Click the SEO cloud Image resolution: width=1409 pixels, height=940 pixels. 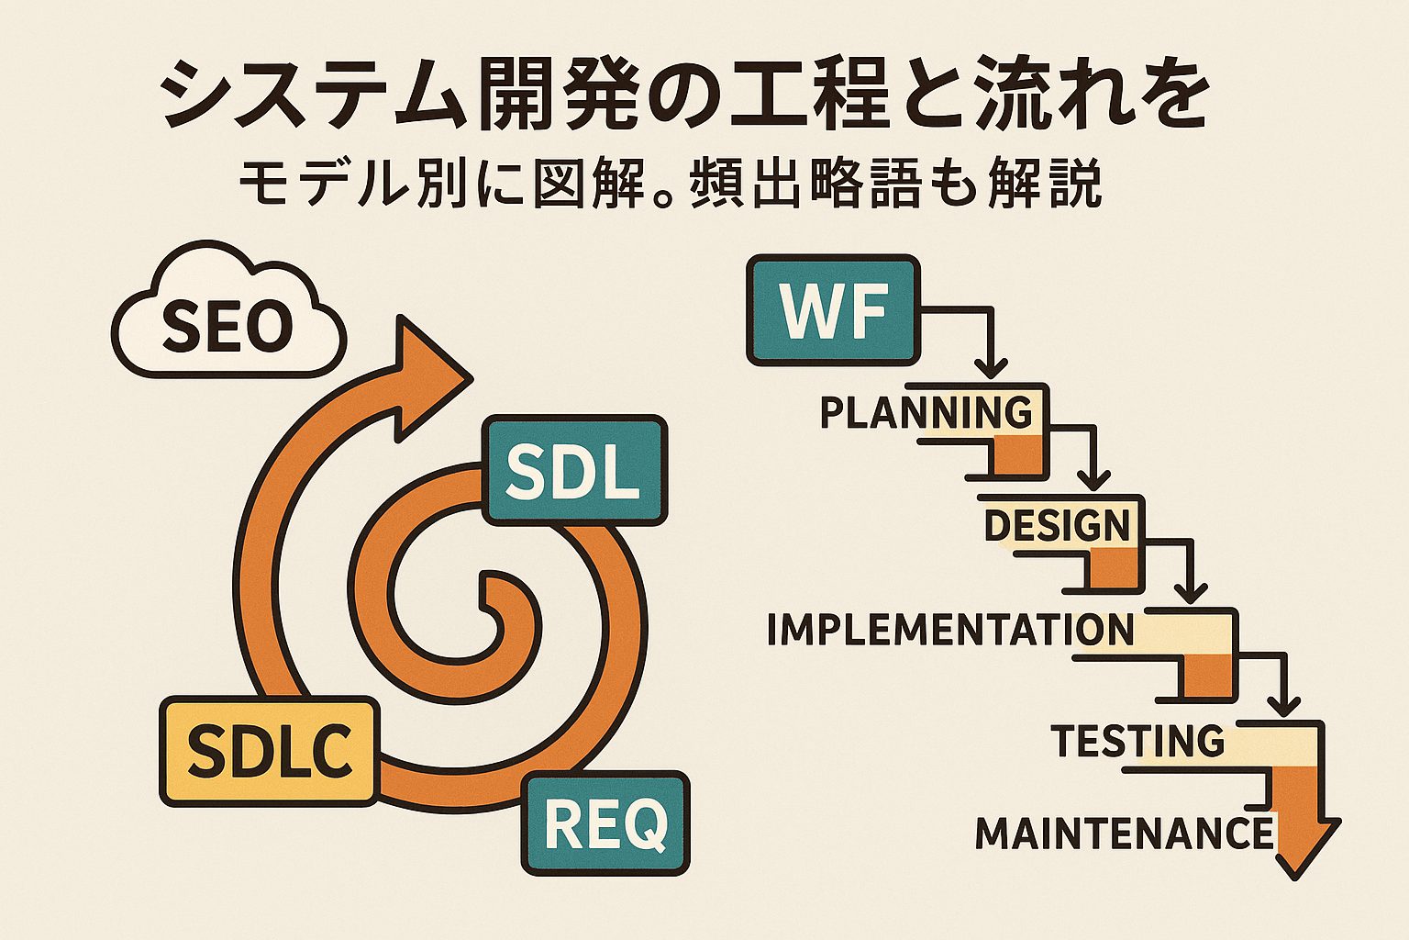click(227, 321)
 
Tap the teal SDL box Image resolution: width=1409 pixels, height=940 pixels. click(573, 471)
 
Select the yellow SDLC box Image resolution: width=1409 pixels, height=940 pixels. click(270, 751)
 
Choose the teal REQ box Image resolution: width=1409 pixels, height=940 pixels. click(605, 822)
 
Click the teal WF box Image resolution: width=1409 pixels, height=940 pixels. click(833, 310)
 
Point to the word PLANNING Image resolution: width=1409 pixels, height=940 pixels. click(926, 412)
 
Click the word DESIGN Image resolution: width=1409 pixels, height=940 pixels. click(1057, 525)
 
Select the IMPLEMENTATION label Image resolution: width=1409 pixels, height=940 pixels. click(950, 630)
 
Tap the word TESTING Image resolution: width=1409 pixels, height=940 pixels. click(1137, 740)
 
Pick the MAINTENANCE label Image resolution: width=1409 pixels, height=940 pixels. click(1124, 833)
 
